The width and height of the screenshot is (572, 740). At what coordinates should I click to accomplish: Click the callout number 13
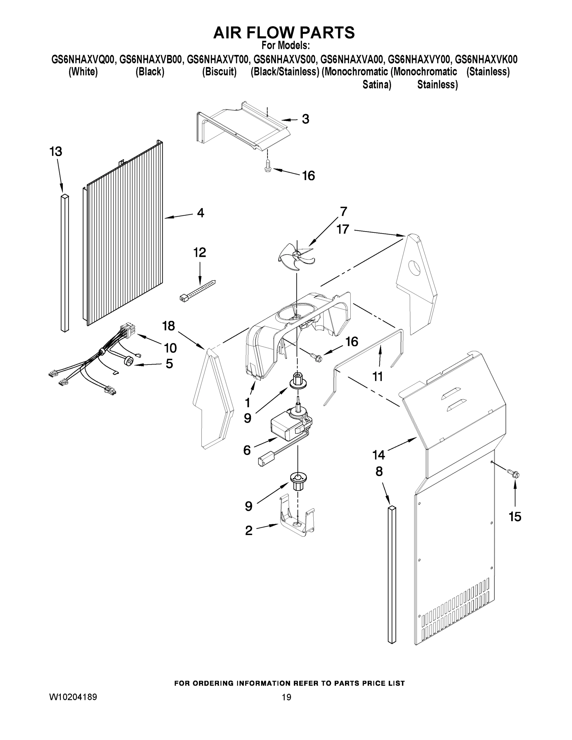(56, 151)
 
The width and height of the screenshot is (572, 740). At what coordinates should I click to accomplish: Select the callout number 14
(379, 455)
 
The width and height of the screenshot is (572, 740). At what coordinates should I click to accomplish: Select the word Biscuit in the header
(219, 72)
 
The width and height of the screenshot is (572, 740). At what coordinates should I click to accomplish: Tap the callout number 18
(168, 326)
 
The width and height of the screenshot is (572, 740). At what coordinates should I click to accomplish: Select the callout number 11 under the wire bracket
(377, 376)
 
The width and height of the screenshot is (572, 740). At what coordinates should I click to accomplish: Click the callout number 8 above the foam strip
(379, 471)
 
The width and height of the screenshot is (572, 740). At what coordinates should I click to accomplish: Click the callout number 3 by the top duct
(305, 119)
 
